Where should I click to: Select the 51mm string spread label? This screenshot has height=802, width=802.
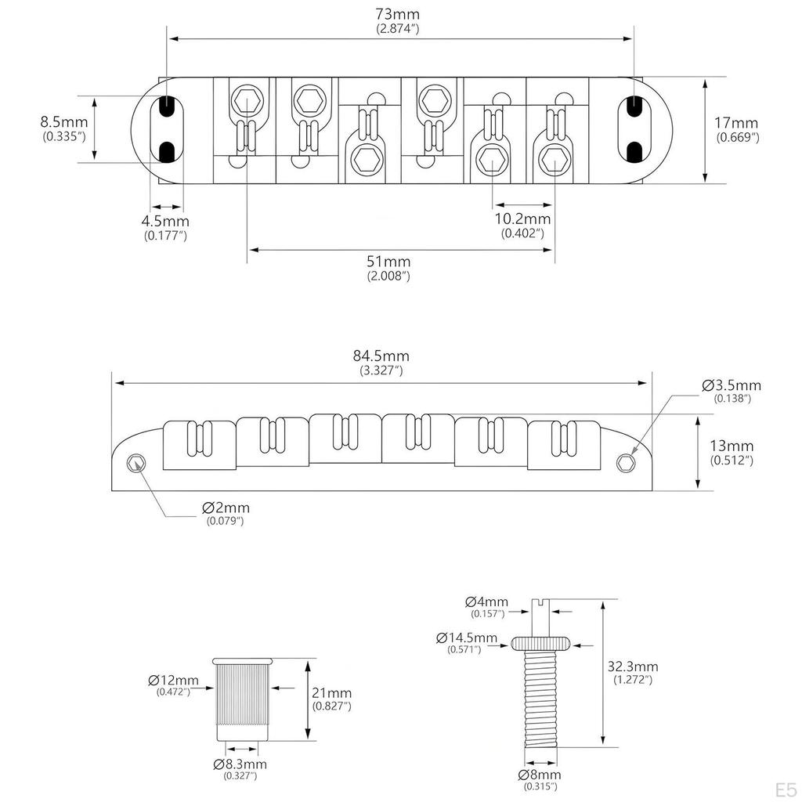click(x=388, y=262)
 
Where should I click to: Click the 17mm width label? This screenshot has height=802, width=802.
click(x=736, y=123)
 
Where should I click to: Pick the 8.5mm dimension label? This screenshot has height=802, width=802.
click(x=64, y=122)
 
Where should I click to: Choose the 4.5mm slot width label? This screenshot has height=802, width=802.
click(x=164, y=221)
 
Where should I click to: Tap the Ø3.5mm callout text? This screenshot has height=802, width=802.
click(x=732, y=385)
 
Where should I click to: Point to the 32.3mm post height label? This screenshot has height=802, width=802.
click(x=633, y=667)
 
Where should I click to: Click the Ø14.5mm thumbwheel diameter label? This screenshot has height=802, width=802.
click(x=467, y=638)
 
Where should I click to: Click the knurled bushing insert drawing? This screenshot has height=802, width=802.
click(x=244, y=700)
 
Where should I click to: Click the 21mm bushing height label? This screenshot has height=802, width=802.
click(x=332, y=693)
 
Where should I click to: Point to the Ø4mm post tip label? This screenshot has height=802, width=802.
click(x=486, y=602)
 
